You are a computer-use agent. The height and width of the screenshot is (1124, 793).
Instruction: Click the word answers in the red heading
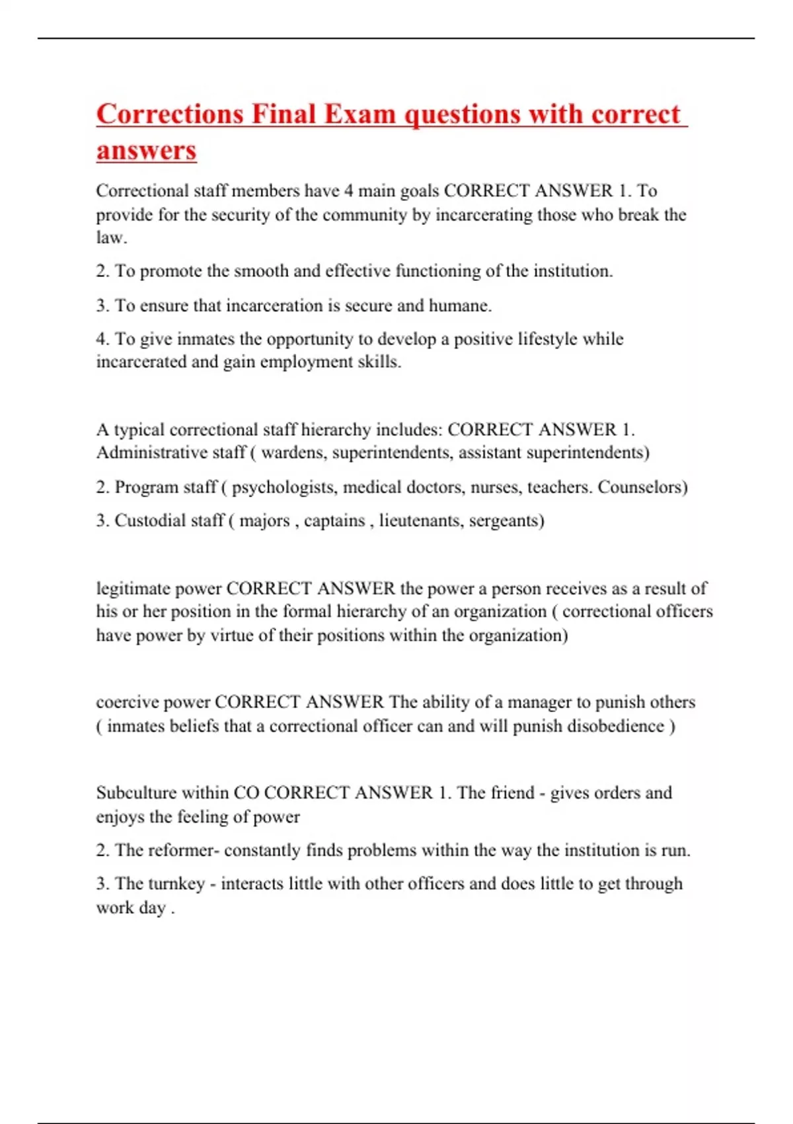tap(146, 150)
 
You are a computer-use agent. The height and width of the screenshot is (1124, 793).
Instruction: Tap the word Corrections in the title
tap(170, 114)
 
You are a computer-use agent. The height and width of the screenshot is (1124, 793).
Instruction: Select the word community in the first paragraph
tap(365, 215)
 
